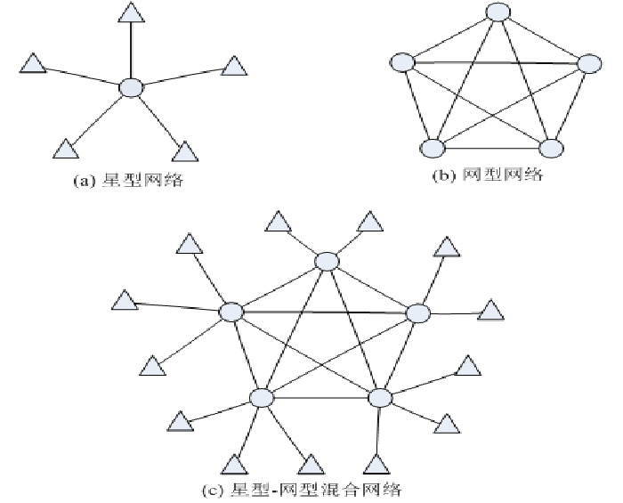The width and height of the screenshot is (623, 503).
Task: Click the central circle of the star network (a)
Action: (x=132, y=87)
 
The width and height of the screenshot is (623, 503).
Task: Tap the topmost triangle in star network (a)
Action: (x=132, y=12)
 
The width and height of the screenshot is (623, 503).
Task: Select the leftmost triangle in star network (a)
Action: (x=32, y=64)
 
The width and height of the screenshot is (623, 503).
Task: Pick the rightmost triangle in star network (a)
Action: (x=233, y=65)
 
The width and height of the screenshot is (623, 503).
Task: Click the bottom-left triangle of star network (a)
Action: (x=65, y=149)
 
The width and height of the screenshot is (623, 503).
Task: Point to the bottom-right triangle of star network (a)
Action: (x=183, y=150)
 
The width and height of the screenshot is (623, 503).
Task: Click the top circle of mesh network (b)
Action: (x=498, y=12)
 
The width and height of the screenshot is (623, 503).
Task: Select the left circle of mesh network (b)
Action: (x=402, y=63)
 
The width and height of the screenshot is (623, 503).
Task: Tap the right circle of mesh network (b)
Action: (x=589, y=63)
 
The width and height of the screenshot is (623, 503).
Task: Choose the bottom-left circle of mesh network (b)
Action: (x=433, y=149)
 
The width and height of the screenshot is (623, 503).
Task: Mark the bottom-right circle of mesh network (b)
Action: (x=552, y=148)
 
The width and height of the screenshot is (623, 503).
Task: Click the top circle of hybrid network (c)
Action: (x=327, y=261)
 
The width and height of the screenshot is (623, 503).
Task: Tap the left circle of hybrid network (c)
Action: (x=231, y=312)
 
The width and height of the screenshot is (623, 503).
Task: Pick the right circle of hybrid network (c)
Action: (x=418, y=312)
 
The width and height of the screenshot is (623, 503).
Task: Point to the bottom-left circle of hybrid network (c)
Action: (x=262, y=398)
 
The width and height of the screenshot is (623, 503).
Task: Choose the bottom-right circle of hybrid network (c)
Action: (x=380, y=397)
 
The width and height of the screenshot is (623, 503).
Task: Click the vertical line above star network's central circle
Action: (x=132, y=50)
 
